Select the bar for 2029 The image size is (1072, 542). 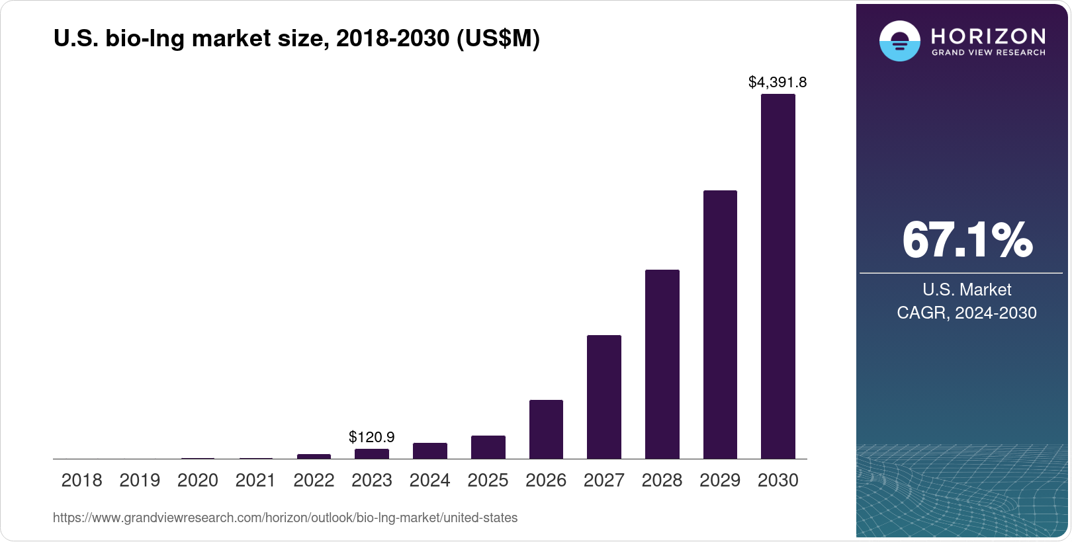pyautogui.click(x=720, y=325)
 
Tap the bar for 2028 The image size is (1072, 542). pyautogui.click(x=662, y=364)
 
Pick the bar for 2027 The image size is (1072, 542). pyautogui.click(x=603, y=397)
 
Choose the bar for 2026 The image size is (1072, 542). pyautogui.click(x=546, y=429)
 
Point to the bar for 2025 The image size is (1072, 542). pyautogui.click(x=488, y=447)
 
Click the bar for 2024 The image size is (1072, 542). pyautogui.click(x=429, y=451)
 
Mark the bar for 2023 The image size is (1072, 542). pyautogui.click(x=372, y=454)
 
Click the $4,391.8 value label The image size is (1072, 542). pyautogui.click(x=778, y=82)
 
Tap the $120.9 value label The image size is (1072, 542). pyautogui.click(x=372, y=437)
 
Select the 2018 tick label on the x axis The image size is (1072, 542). pyautogui.click(x=81, y=481)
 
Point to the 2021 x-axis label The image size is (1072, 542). pyautogui.click(x=255, y=481)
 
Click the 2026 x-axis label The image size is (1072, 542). pyautogui.click(x=546, y=481)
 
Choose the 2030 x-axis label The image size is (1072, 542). pyautogui.click(x=778, y=481)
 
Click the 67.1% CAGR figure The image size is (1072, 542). pyautogui.click(x=967, y=240)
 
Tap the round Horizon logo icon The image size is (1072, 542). pyautogui.click(x=899, y=41)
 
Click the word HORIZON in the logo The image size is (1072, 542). pyautogui.click(x=989, y=36)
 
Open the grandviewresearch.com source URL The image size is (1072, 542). pyautogui.click(x=285, y=518)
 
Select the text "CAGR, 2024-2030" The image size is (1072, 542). pyautogui.click(x=967, y=313)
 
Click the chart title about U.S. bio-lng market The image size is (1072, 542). pyautogui.click(x=296, y=39)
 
